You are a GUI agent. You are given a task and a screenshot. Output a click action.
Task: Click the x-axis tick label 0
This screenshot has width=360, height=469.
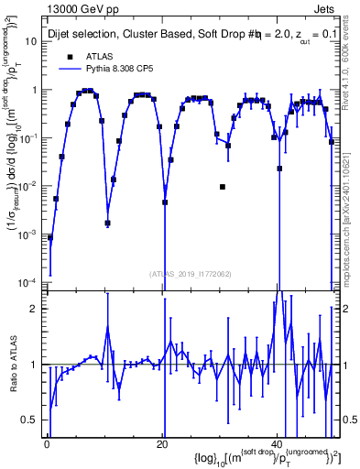tap(48, 443)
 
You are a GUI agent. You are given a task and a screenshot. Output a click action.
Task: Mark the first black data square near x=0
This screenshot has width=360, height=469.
tap(50, 237)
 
